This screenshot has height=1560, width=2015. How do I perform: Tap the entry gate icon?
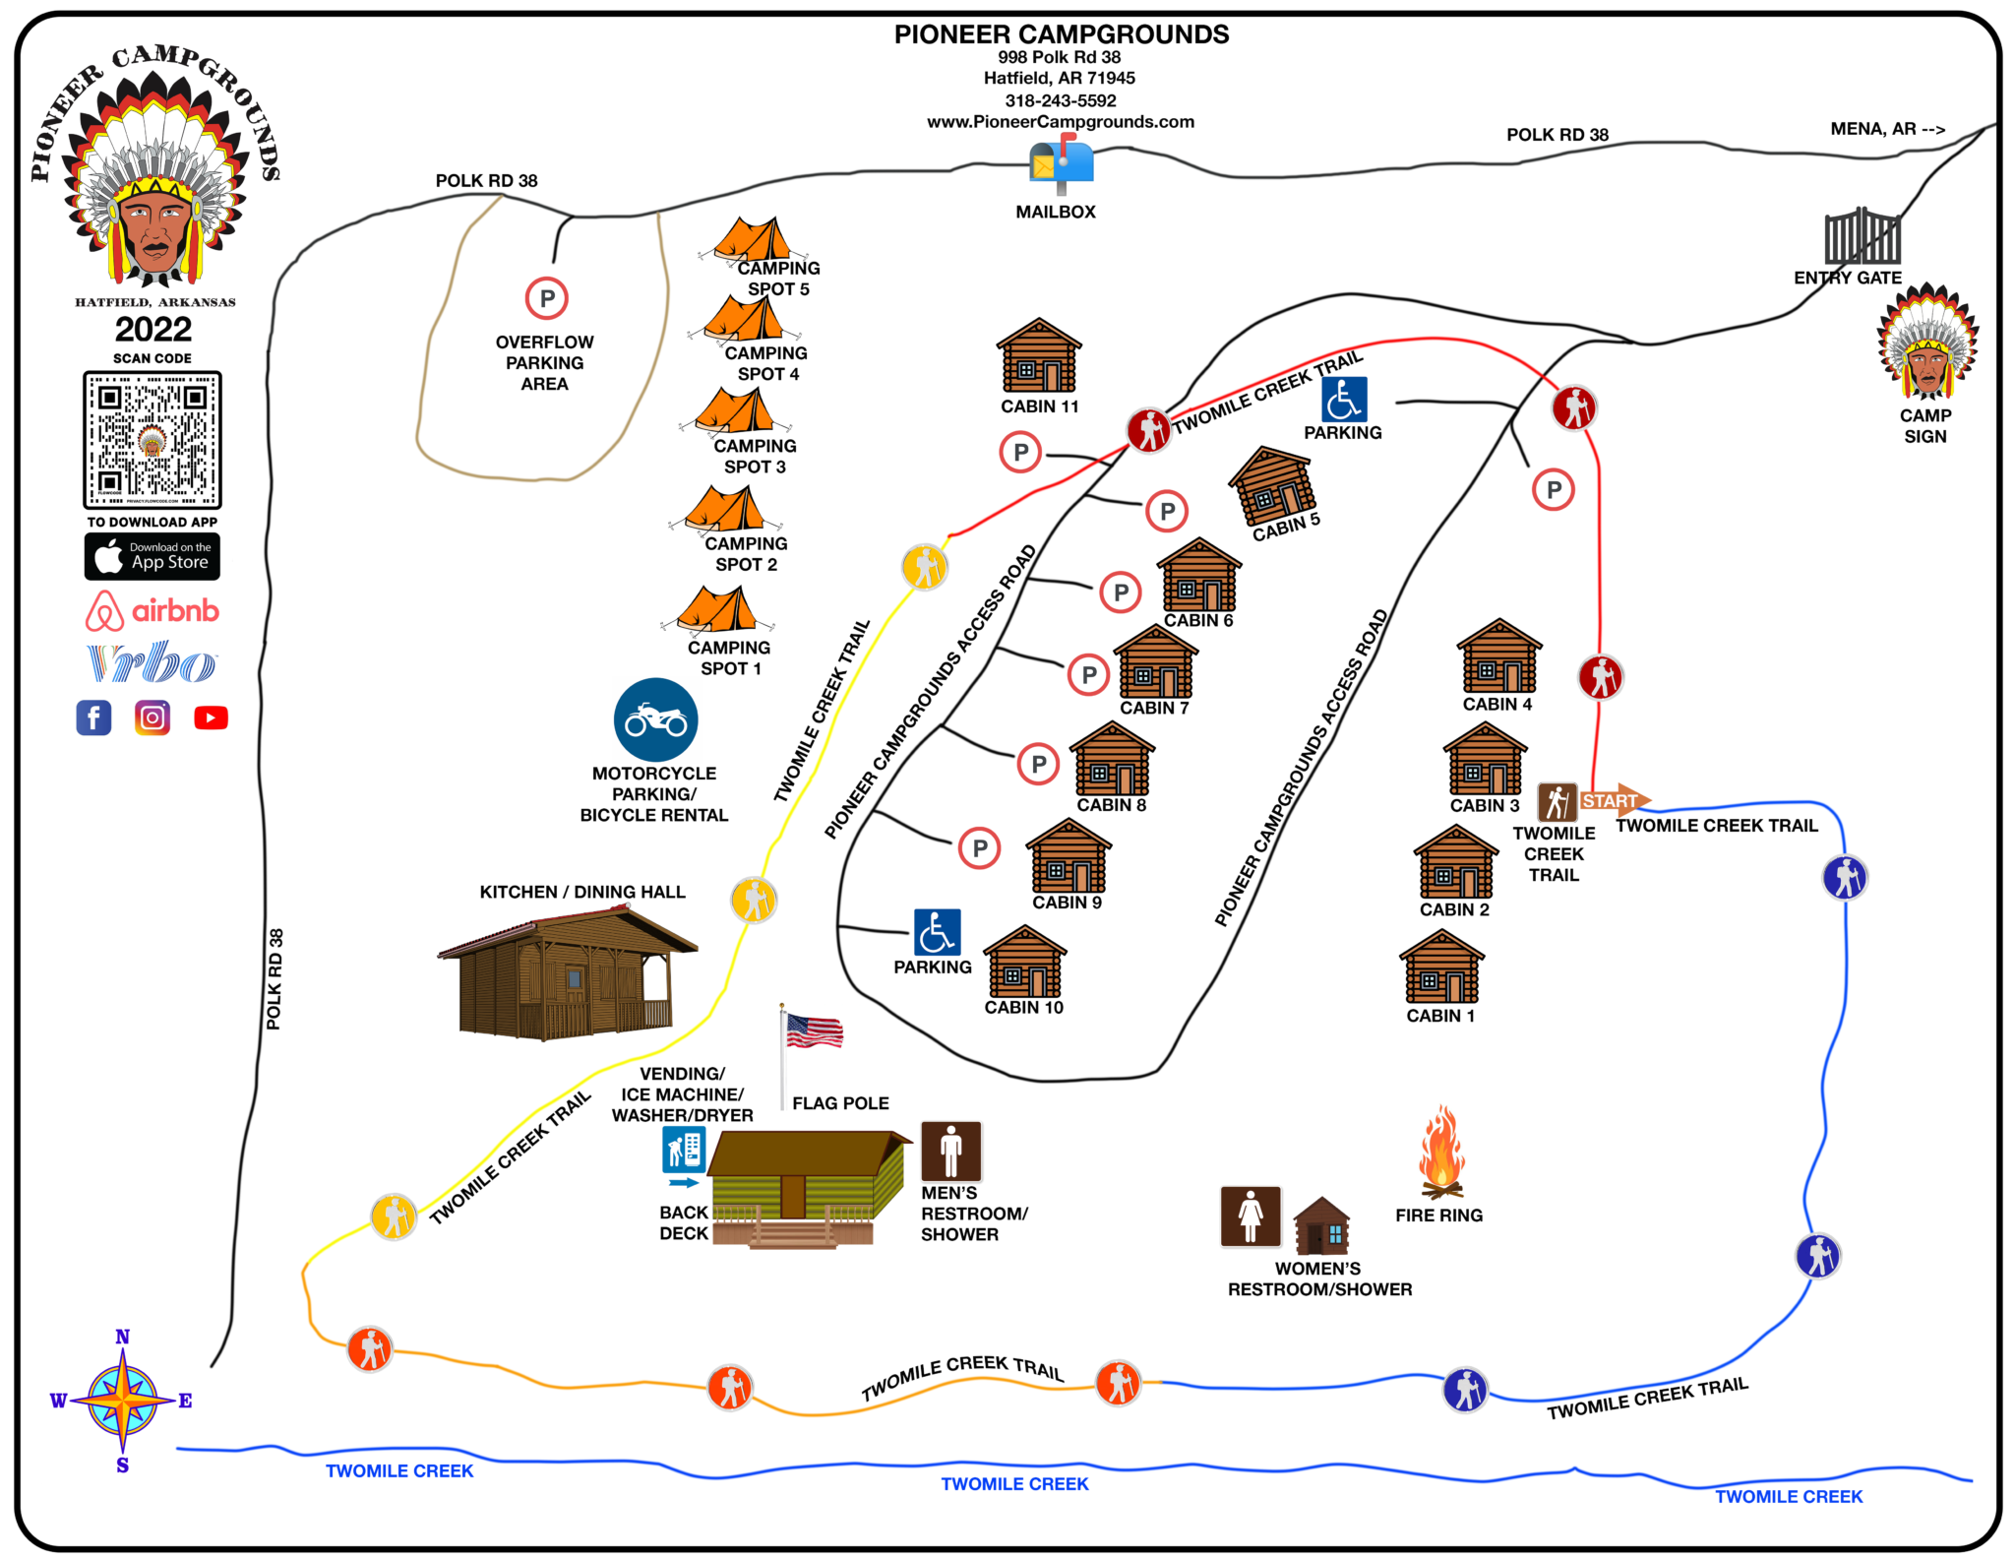1862,237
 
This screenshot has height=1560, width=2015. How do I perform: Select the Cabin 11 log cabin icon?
1039,355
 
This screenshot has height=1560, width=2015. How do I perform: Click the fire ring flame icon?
1440,1151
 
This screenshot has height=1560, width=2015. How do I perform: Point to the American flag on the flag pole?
814,1030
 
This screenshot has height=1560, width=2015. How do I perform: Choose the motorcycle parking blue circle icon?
655,719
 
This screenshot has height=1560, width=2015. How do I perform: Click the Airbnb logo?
153,611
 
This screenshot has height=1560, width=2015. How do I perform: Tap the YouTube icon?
211,718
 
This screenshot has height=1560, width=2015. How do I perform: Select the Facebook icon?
93,718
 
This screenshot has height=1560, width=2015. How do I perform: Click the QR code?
153,440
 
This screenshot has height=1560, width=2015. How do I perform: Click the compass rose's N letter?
122,1337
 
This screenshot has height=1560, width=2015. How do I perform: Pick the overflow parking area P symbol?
547,298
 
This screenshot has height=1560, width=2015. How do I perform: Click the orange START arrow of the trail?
1614,801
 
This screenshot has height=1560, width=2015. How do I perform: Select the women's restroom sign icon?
1251,1217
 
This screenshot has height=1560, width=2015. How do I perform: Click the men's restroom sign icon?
950,1151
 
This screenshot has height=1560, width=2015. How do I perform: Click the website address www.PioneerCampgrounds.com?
1060,122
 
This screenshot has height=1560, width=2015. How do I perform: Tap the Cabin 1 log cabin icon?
1441,967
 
